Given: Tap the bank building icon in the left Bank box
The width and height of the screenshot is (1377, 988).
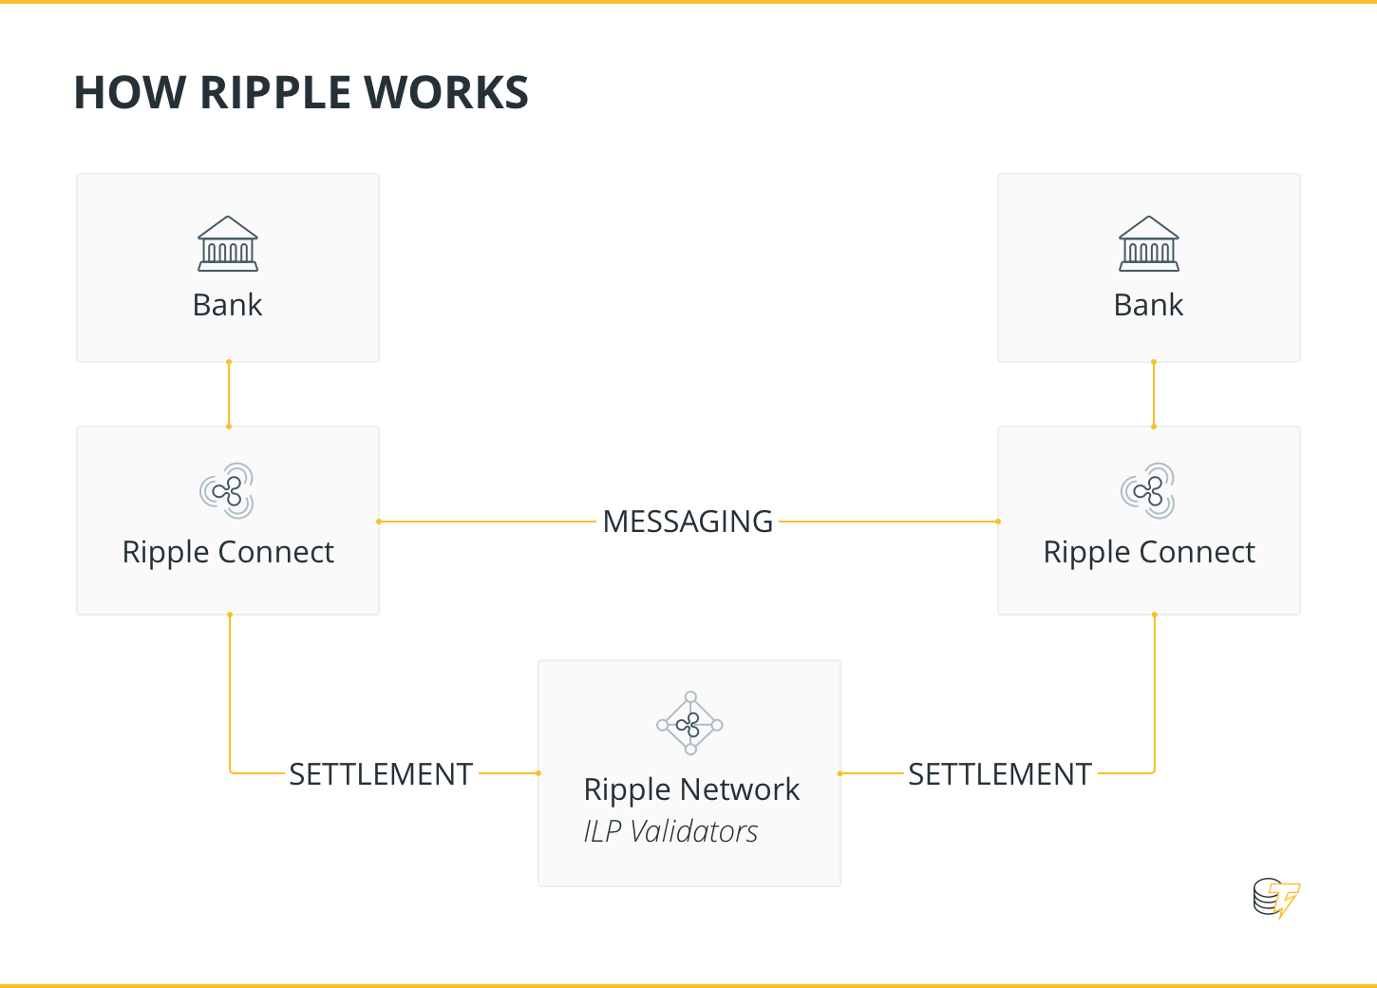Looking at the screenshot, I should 228,244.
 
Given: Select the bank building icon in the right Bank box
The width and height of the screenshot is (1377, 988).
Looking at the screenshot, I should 1149,244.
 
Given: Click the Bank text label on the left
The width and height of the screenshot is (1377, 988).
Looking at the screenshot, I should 228,305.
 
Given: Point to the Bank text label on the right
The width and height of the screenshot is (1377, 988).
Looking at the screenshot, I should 1149,305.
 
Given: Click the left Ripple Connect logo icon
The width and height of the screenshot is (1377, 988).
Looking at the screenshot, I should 228,490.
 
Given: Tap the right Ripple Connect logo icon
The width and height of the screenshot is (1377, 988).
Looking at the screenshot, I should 1149,490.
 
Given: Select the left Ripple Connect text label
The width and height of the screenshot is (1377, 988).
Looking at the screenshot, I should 228,552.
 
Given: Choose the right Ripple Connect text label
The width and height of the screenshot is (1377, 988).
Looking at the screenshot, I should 1149,552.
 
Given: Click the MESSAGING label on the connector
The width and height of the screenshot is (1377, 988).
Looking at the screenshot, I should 688,522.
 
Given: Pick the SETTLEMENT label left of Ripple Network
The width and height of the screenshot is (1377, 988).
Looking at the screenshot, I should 381,774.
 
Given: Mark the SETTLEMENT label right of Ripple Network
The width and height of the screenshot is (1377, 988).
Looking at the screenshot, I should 1000,774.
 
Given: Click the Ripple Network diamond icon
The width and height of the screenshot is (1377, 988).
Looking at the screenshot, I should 690,724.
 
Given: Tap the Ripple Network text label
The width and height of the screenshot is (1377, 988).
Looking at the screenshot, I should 691,789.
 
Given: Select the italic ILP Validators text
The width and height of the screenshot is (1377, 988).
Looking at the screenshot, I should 670,831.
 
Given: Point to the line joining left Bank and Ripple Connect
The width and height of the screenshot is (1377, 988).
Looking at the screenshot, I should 229,394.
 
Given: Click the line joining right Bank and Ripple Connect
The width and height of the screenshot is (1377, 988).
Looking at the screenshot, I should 1154,394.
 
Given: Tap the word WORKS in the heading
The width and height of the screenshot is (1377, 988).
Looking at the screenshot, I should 446,93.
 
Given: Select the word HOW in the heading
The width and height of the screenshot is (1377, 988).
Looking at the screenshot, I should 130,93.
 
